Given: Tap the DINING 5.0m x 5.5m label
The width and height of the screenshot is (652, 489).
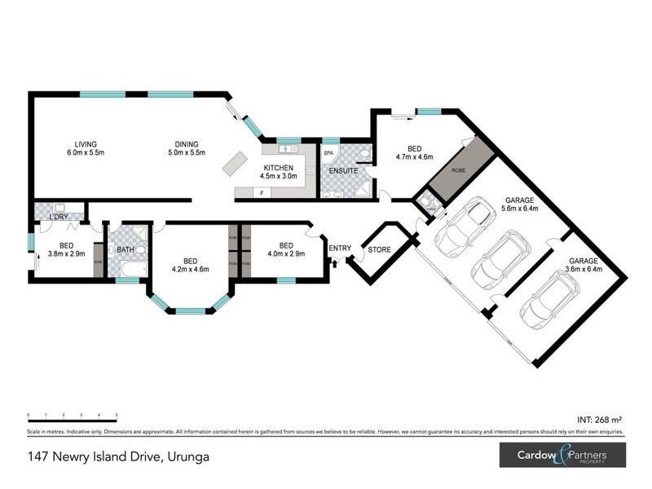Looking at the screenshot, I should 187,148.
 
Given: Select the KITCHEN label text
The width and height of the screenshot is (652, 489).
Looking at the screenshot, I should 278,169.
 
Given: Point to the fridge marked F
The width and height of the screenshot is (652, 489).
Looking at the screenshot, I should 262,193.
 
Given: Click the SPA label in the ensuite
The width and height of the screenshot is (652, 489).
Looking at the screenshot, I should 329,153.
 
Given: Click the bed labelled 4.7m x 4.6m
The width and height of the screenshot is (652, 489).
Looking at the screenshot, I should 414,153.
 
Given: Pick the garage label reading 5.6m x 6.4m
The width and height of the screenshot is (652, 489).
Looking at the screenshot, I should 520,203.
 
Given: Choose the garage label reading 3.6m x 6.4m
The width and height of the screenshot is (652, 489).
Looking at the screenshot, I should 584,266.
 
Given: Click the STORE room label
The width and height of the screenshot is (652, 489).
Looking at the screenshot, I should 380,249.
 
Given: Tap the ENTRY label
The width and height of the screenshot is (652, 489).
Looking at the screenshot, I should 340,248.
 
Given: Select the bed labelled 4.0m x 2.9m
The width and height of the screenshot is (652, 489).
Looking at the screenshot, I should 286,249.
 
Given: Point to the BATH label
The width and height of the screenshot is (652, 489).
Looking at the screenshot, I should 126,250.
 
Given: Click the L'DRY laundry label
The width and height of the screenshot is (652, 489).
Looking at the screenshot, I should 58,217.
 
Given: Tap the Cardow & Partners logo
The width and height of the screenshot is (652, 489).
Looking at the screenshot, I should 562,455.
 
